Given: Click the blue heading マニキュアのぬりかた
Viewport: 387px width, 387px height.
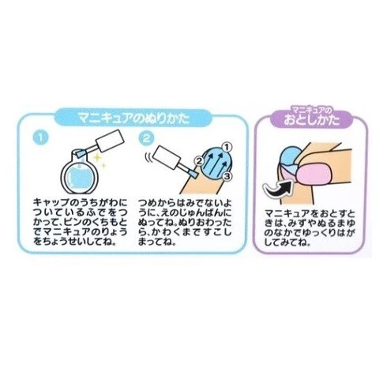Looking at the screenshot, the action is (133, 118).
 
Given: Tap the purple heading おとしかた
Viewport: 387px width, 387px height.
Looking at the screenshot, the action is (312, 120).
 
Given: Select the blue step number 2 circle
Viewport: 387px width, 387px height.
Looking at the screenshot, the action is (145, 138).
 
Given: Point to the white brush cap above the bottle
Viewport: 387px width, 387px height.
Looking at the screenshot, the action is (109, 141).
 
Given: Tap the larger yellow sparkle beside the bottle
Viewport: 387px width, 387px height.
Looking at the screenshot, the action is (98, 158).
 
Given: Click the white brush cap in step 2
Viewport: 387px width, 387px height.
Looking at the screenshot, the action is (167, 158).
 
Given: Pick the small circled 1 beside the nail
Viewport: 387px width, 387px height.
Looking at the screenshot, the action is (227, 146).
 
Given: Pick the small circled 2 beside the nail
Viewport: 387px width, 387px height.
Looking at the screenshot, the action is (199, 160).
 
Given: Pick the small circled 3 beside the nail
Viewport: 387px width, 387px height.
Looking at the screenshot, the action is (227, 176).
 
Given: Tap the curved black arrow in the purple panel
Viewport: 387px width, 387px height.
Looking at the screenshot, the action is (279, 188).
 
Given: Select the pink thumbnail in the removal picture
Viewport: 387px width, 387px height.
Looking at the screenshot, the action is (314, 172).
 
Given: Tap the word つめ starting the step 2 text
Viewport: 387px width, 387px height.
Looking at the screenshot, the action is (147, 202).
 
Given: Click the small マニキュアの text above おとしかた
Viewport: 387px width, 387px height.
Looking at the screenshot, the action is (312, 108).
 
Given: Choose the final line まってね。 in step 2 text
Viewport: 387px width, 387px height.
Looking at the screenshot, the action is (157, 242).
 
